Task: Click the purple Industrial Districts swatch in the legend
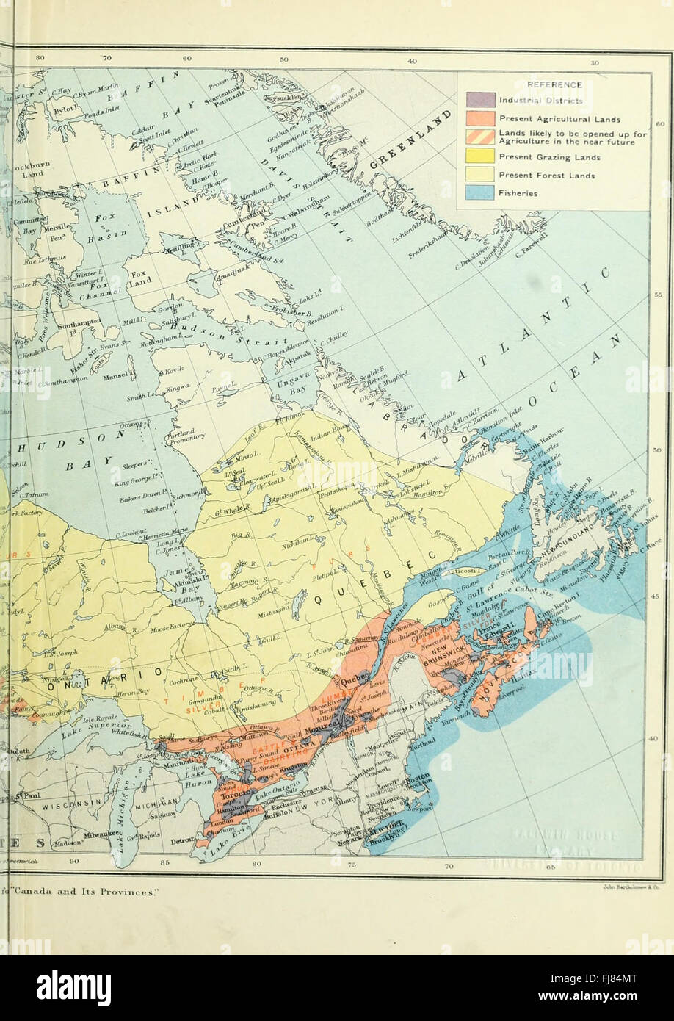(x=480, y=99)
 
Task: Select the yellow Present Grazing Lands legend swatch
(x=480, y=156)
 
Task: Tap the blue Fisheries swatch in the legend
(x=480, y=193)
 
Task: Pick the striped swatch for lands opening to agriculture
(x=480, y=137)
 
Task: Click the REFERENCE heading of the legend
(x=554, y=84)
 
